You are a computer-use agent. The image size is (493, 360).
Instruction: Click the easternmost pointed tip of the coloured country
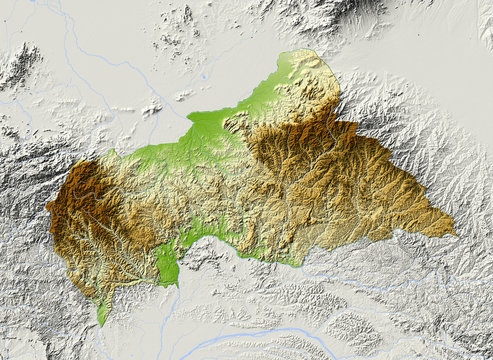[455, 235]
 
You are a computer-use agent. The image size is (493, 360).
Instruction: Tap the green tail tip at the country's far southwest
[100, 322]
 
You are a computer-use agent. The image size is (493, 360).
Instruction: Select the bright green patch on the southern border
[167, 263]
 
